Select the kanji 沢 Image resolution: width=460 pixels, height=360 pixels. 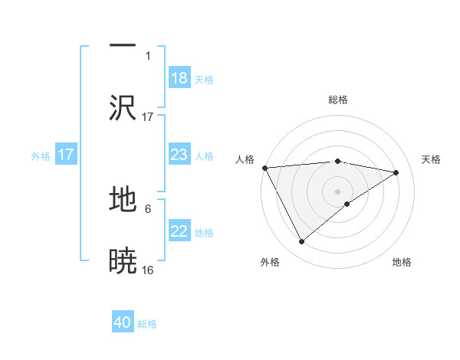click(x=123, y=107)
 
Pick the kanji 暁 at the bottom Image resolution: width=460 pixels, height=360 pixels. click(x=123, y=260)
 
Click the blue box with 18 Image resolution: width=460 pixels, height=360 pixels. click(x=179, y=78)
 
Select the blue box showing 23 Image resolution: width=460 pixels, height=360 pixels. click(x=179, y=155)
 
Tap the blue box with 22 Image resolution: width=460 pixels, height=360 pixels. click(x=179, y=232)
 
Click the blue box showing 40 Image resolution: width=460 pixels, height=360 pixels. click(x=123, y=322)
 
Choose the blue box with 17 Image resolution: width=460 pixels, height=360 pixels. click(x=66, y=155)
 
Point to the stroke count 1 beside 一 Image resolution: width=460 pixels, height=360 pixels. click(x=148, y=55)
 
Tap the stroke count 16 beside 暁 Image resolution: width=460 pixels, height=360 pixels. click(x=148, y=270)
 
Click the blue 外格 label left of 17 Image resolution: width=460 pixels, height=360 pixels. click(x=41, y=156)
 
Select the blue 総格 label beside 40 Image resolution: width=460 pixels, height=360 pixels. click(x=147, y=324)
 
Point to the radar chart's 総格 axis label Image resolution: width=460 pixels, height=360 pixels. click(x=337, y=100)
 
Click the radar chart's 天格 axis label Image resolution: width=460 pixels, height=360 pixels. click(x=432, y=159)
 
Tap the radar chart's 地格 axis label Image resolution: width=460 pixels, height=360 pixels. click(x=402, y=262)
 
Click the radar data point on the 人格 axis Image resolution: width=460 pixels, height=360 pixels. click(x=264, y=168)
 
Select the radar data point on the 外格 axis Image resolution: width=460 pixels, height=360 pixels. click(x=302, y=242)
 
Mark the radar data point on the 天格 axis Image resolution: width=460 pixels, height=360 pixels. click(x=396, y=172)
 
